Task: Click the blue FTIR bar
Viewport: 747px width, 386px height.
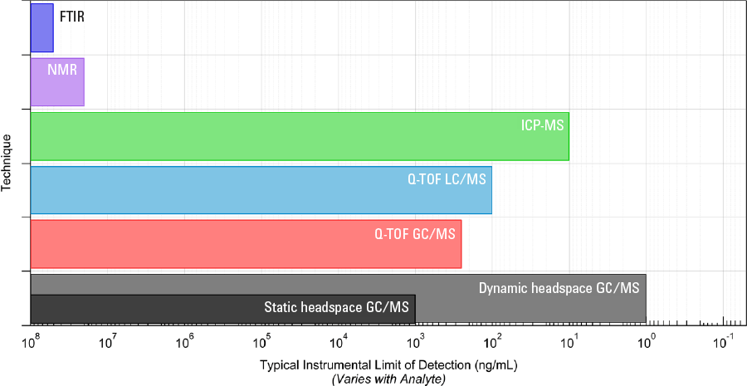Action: click(41, 28)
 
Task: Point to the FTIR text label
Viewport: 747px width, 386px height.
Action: click(72, 15)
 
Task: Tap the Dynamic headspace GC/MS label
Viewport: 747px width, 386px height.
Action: click(559, 288)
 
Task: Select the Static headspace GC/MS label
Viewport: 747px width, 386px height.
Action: click(335, 307)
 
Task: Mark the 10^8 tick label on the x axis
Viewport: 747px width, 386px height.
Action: click(32, 340)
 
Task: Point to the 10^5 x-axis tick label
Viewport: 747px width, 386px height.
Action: click(262, 340)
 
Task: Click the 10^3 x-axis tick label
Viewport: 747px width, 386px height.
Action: click(416, 340)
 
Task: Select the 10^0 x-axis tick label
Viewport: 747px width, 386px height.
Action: click(647, 340)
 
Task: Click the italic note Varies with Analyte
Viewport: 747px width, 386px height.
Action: click(388, 379)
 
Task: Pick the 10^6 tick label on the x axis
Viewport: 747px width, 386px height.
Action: click(186, 340)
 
